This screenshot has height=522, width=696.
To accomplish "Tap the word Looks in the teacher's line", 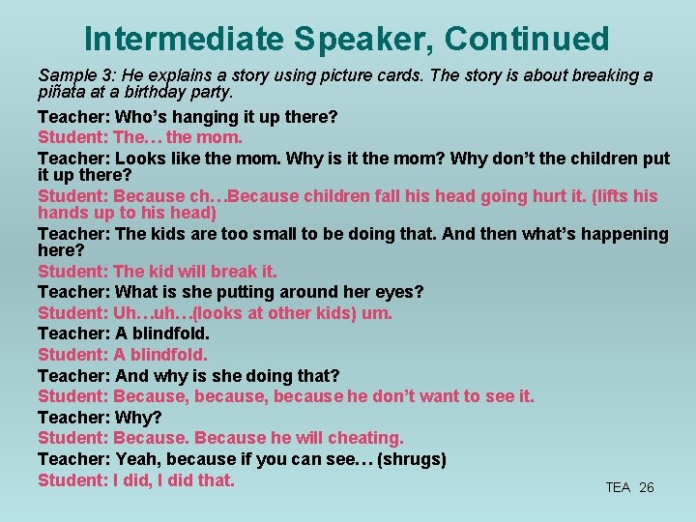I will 139,159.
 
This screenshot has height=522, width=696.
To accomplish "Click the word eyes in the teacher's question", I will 396,292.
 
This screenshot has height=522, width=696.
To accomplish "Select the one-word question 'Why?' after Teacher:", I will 138,418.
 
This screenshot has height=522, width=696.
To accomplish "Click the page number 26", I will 647,487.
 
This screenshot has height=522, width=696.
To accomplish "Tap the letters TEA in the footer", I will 618,487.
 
